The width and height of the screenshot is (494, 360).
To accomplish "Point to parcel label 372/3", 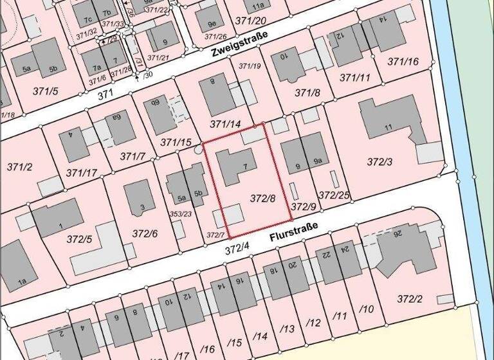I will click(x=380, y=161).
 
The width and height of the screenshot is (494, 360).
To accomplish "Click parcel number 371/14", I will click(x=225, y=123).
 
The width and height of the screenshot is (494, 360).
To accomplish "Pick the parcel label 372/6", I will click(x=145, y=233).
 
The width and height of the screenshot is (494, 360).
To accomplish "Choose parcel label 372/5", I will click(x=79, y=239).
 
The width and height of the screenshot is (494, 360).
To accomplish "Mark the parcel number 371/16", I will click(x=403, y=62).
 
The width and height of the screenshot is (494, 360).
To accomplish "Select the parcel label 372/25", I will click(x=334, y=195).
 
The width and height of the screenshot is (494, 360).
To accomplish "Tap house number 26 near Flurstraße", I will click(x=416, y=233).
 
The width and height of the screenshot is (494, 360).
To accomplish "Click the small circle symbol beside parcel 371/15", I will click(x=197, y=149).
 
